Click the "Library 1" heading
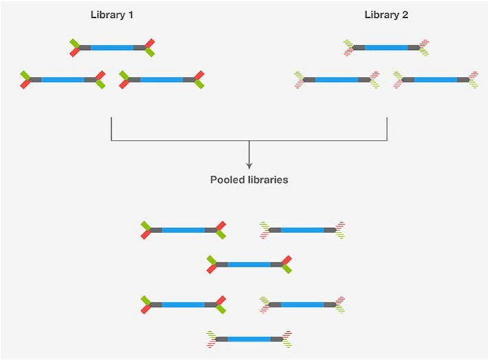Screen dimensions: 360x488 pyautogui.click(x=113, y=14)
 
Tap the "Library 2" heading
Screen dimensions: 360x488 pyautogui.click(x=387, y=14)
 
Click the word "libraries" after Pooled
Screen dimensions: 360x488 pyautogui.click(x=268, y=180)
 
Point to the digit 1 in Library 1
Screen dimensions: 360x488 pyautogui.click(x=131, y=14)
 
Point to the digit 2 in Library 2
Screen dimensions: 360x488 pyautogui.click(x=406, y=14)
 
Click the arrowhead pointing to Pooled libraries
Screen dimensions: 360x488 pyautogui.click(x=249, y=166)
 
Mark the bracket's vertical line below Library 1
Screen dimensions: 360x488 pyautogui.click(x=111, y=129)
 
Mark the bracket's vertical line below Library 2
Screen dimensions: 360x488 pyautogui.click(x=388, y=129)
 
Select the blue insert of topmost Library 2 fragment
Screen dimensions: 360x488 pyautogui.click(x=386, y=47)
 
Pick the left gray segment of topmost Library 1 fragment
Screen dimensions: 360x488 pyautogui.click(x=84, y=47)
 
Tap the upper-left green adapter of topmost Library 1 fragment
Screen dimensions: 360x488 pyautogui.click(x=74, y=43)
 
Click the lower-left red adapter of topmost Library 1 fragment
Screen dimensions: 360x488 pyautogui.click(x=74, y=52)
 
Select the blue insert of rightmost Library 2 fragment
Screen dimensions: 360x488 pyautogui.click(x=436, y=80)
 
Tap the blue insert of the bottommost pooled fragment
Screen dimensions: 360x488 pyautogui.click(x=249, y=339)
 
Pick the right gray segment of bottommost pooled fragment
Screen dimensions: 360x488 pyautogui.click(x=277, y=339)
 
